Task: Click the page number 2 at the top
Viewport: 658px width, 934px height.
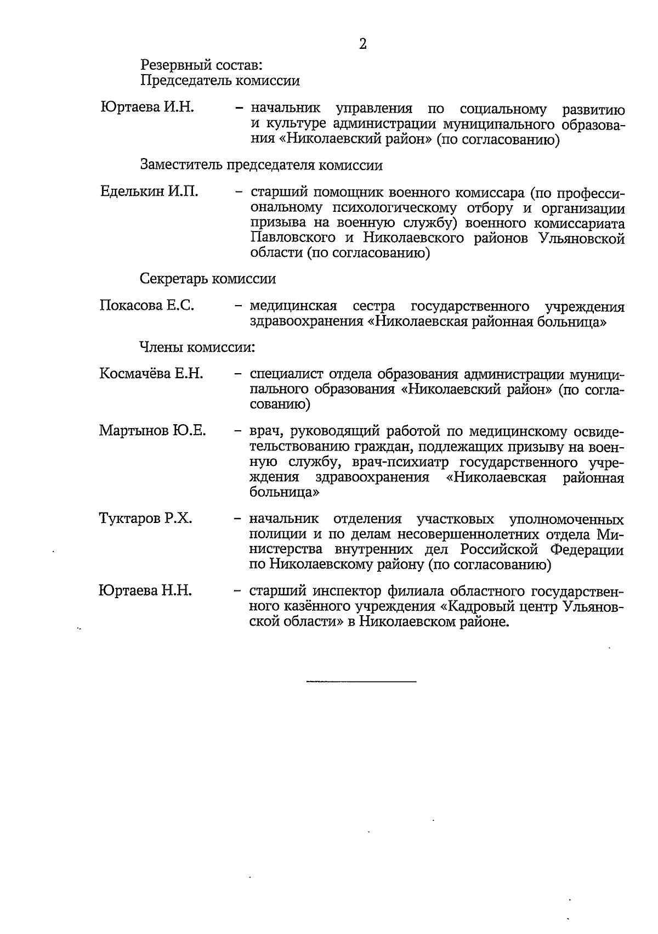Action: [x=362, y=44]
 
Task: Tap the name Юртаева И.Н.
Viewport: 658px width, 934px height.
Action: [x=147, y=108]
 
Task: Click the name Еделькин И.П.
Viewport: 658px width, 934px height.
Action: [x=149, y=192]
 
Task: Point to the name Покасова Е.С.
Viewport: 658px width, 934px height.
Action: [x=147, y=306]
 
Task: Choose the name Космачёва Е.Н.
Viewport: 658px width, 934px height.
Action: [x=151, y=374]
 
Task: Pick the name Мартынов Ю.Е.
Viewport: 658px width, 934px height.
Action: [x=152, y=430]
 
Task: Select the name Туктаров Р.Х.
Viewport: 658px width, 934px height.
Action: [x=145, y=519]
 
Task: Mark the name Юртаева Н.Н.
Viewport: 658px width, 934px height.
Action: [x=145, y=590]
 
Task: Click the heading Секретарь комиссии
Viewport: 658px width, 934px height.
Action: [x=208, y=279]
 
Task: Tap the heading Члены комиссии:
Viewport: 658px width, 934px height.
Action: [x=197, y=347]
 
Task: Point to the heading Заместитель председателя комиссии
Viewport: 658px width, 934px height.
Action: [x=261, y=165]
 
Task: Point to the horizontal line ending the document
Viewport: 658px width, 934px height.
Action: [x=361, y=682]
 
